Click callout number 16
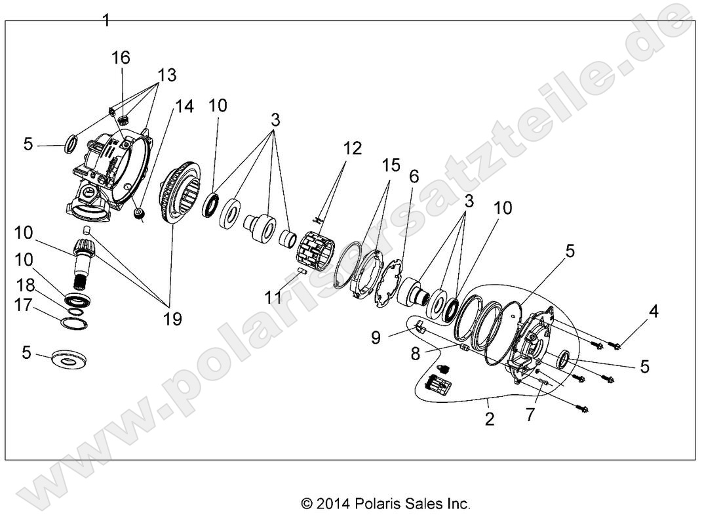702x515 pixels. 121,58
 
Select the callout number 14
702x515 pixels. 184,106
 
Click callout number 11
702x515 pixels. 273,297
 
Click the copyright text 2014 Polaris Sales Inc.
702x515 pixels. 385,503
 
